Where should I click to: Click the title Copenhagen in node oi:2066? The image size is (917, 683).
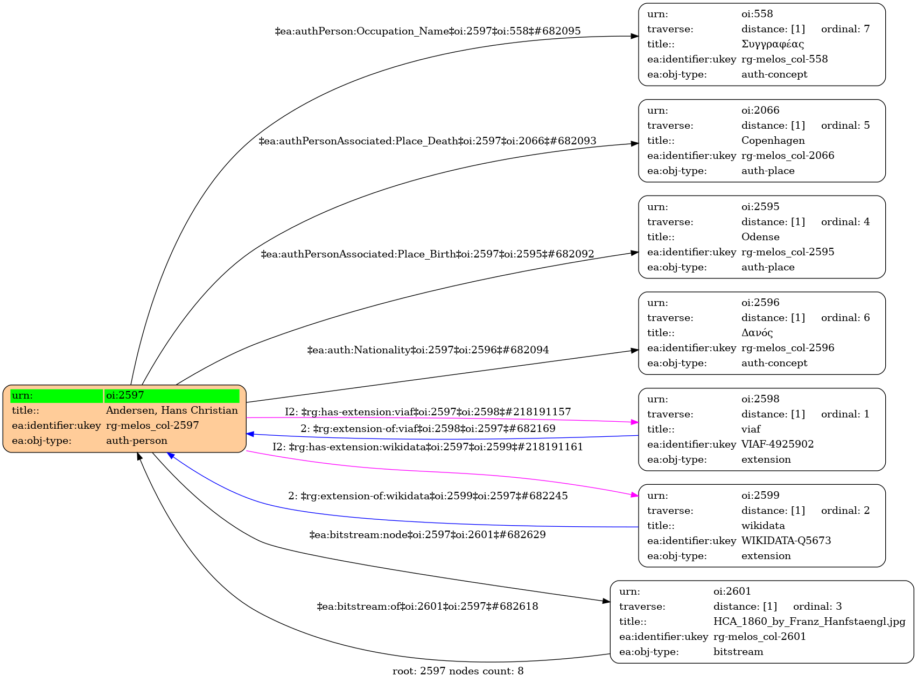click(x=773, y=141)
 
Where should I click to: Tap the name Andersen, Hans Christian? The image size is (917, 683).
click(x=172, y=410)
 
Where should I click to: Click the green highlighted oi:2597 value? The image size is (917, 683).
click(x=171, y=395)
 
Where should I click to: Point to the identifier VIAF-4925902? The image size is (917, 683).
click(x=777, y=444)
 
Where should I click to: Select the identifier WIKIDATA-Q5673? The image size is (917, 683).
click(x=786, y=541)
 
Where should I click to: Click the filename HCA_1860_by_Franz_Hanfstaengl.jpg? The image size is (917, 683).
click(x=809, y=622)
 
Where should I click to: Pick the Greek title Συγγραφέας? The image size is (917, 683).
click(x=772, y=44)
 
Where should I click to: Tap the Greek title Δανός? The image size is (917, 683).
click(x=757, y=333)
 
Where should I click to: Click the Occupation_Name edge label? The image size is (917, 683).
click(x=428, y=31)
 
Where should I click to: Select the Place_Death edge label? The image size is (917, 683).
click(x=428, y=141)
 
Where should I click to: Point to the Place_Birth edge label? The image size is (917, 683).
click(x=428, y=254)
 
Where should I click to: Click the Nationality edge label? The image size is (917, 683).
click(x=428, y=350)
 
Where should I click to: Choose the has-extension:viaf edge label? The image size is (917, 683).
click(x=428, y=412)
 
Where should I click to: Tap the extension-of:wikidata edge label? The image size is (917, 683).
click(x=428, y=496)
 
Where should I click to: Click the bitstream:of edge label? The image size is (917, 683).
click(x=428, y=607)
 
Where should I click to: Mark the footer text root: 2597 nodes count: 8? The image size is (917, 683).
click(x=458, y=671)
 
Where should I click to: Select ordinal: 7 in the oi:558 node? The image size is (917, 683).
click(x=845, y=29)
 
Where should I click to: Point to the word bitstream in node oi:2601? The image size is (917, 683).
click(x=738, y=652)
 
